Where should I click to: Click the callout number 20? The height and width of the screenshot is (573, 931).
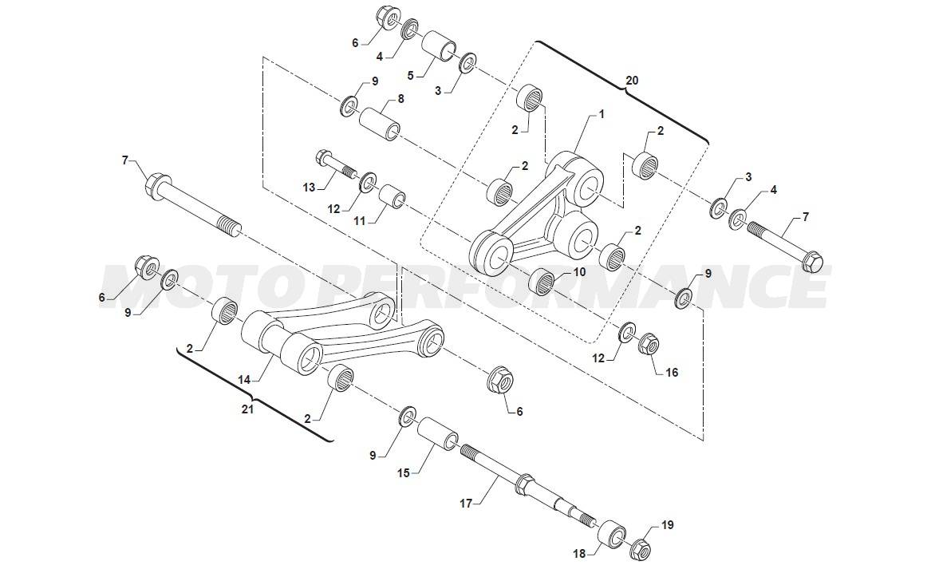pyautogui.click(x=632, y=80)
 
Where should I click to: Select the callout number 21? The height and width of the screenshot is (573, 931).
pyautogui.click(x=247, y=409)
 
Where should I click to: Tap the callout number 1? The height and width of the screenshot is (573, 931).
pyautogui.click(x=602, y=113)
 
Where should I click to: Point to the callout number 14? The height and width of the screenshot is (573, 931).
pyautogui.click(x=245, y=379)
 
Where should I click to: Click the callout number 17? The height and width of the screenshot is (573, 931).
pyautogui.click(x=466, y=504)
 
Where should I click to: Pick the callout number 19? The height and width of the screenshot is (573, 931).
pyautogui.click(x=668, y=525)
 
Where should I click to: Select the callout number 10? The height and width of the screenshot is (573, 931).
pyautogui.click(x=579, y=272)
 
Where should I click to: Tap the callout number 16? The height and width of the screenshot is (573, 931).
pyautogui.click(x=672, y=373)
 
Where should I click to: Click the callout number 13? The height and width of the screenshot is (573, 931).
pyautogui.click(x=309, y=188)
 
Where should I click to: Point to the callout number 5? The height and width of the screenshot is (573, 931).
pyautogui.click(x=410, y=75)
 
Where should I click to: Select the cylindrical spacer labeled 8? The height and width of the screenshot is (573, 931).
pyautogui.click(x=378, y=124)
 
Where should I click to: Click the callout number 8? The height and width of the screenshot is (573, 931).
pyautogui.click(x=400, y=99)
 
